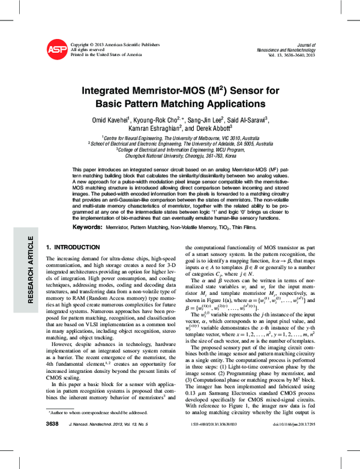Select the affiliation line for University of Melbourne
point(180,138)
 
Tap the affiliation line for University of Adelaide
point(180,144)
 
